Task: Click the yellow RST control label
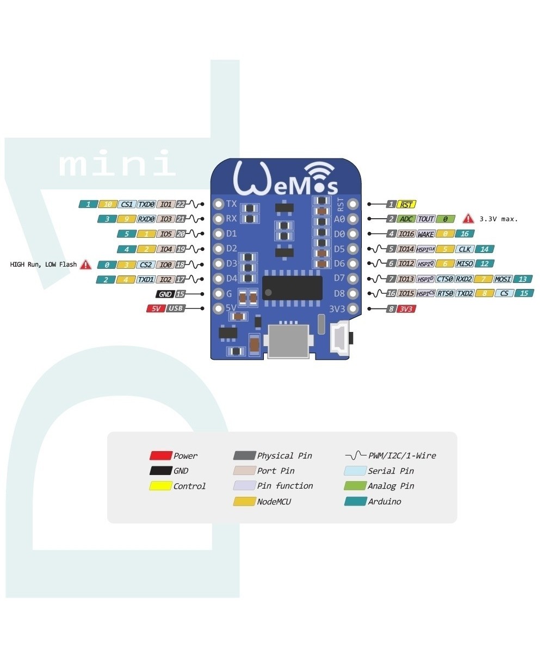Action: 406,205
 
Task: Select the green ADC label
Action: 406,219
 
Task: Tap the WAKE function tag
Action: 425,234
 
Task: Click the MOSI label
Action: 503,279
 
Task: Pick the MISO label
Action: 465,264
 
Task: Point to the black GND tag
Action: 165,294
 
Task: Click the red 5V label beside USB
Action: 155,309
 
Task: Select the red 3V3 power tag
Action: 405,309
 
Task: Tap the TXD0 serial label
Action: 146,205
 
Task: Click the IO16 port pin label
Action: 406,234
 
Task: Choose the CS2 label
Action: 145,264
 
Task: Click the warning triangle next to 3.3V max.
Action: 468,219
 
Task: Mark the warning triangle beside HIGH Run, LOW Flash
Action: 85,264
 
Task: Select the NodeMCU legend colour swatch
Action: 244,501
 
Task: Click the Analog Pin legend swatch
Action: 355,486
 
